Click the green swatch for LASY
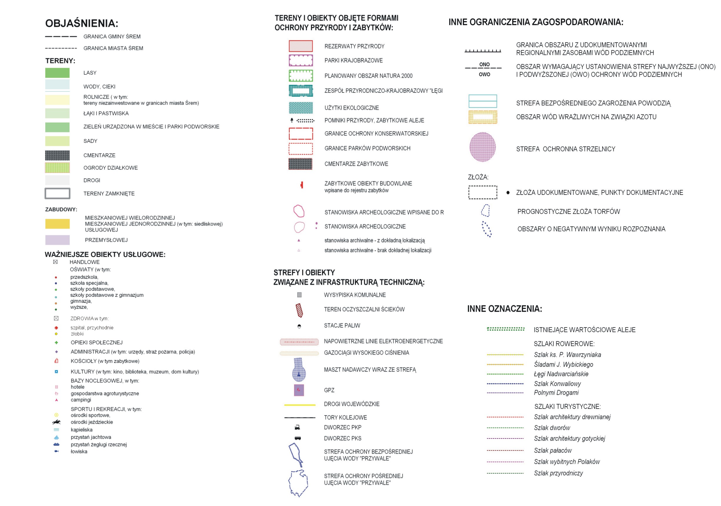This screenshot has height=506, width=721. (x=57, y=73)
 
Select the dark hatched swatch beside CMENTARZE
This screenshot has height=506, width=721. (x=57, y=155)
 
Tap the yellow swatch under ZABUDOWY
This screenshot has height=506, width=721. (x=57, y=224)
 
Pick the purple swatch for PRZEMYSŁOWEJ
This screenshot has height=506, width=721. (x=57, y=240)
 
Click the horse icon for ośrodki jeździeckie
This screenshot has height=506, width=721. (x=56, y=422)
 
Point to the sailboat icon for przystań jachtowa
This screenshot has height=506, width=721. (x=56, y=437)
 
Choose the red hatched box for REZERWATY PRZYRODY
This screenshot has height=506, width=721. (x=301, y=46)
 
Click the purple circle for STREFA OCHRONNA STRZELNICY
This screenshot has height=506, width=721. (x=482, y=147)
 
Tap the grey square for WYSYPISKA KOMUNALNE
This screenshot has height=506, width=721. (x=299, y=295)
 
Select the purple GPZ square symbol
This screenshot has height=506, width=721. (x=299, y=390)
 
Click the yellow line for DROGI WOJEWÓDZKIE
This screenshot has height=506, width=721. (x=300, y=405)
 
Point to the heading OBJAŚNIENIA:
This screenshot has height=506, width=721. (x=82, y=23)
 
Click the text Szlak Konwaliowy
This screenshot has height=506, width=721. (x=557, y=383)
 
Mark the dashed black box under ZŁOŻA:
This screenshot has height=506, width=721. (x=483, y=192)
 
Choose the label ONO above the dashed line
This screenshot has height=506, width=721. (x=484, y=64)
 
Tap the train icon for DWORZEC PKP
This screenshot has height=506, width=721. (x=297, y=427)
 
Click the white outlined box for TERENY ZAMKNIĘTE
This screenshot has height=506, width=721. (x=57, y=193)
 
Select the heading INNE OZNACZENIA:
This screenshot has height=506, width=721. (x=504, y=309)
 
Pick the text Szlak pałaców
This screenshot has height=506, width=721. (x=553, y=451)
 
